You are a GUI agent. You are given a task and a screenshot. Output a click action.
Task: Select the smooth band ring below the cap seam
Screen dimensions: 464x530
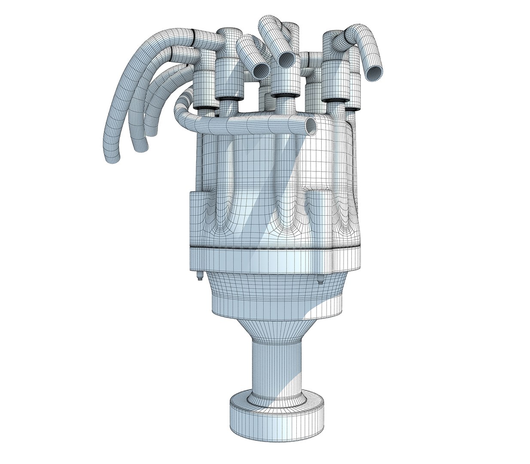click(x=275, y=260)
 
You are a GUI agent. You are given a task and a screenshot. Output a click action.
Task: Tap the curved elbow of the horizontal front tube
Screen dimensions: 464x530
click(x=183, y=107)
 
